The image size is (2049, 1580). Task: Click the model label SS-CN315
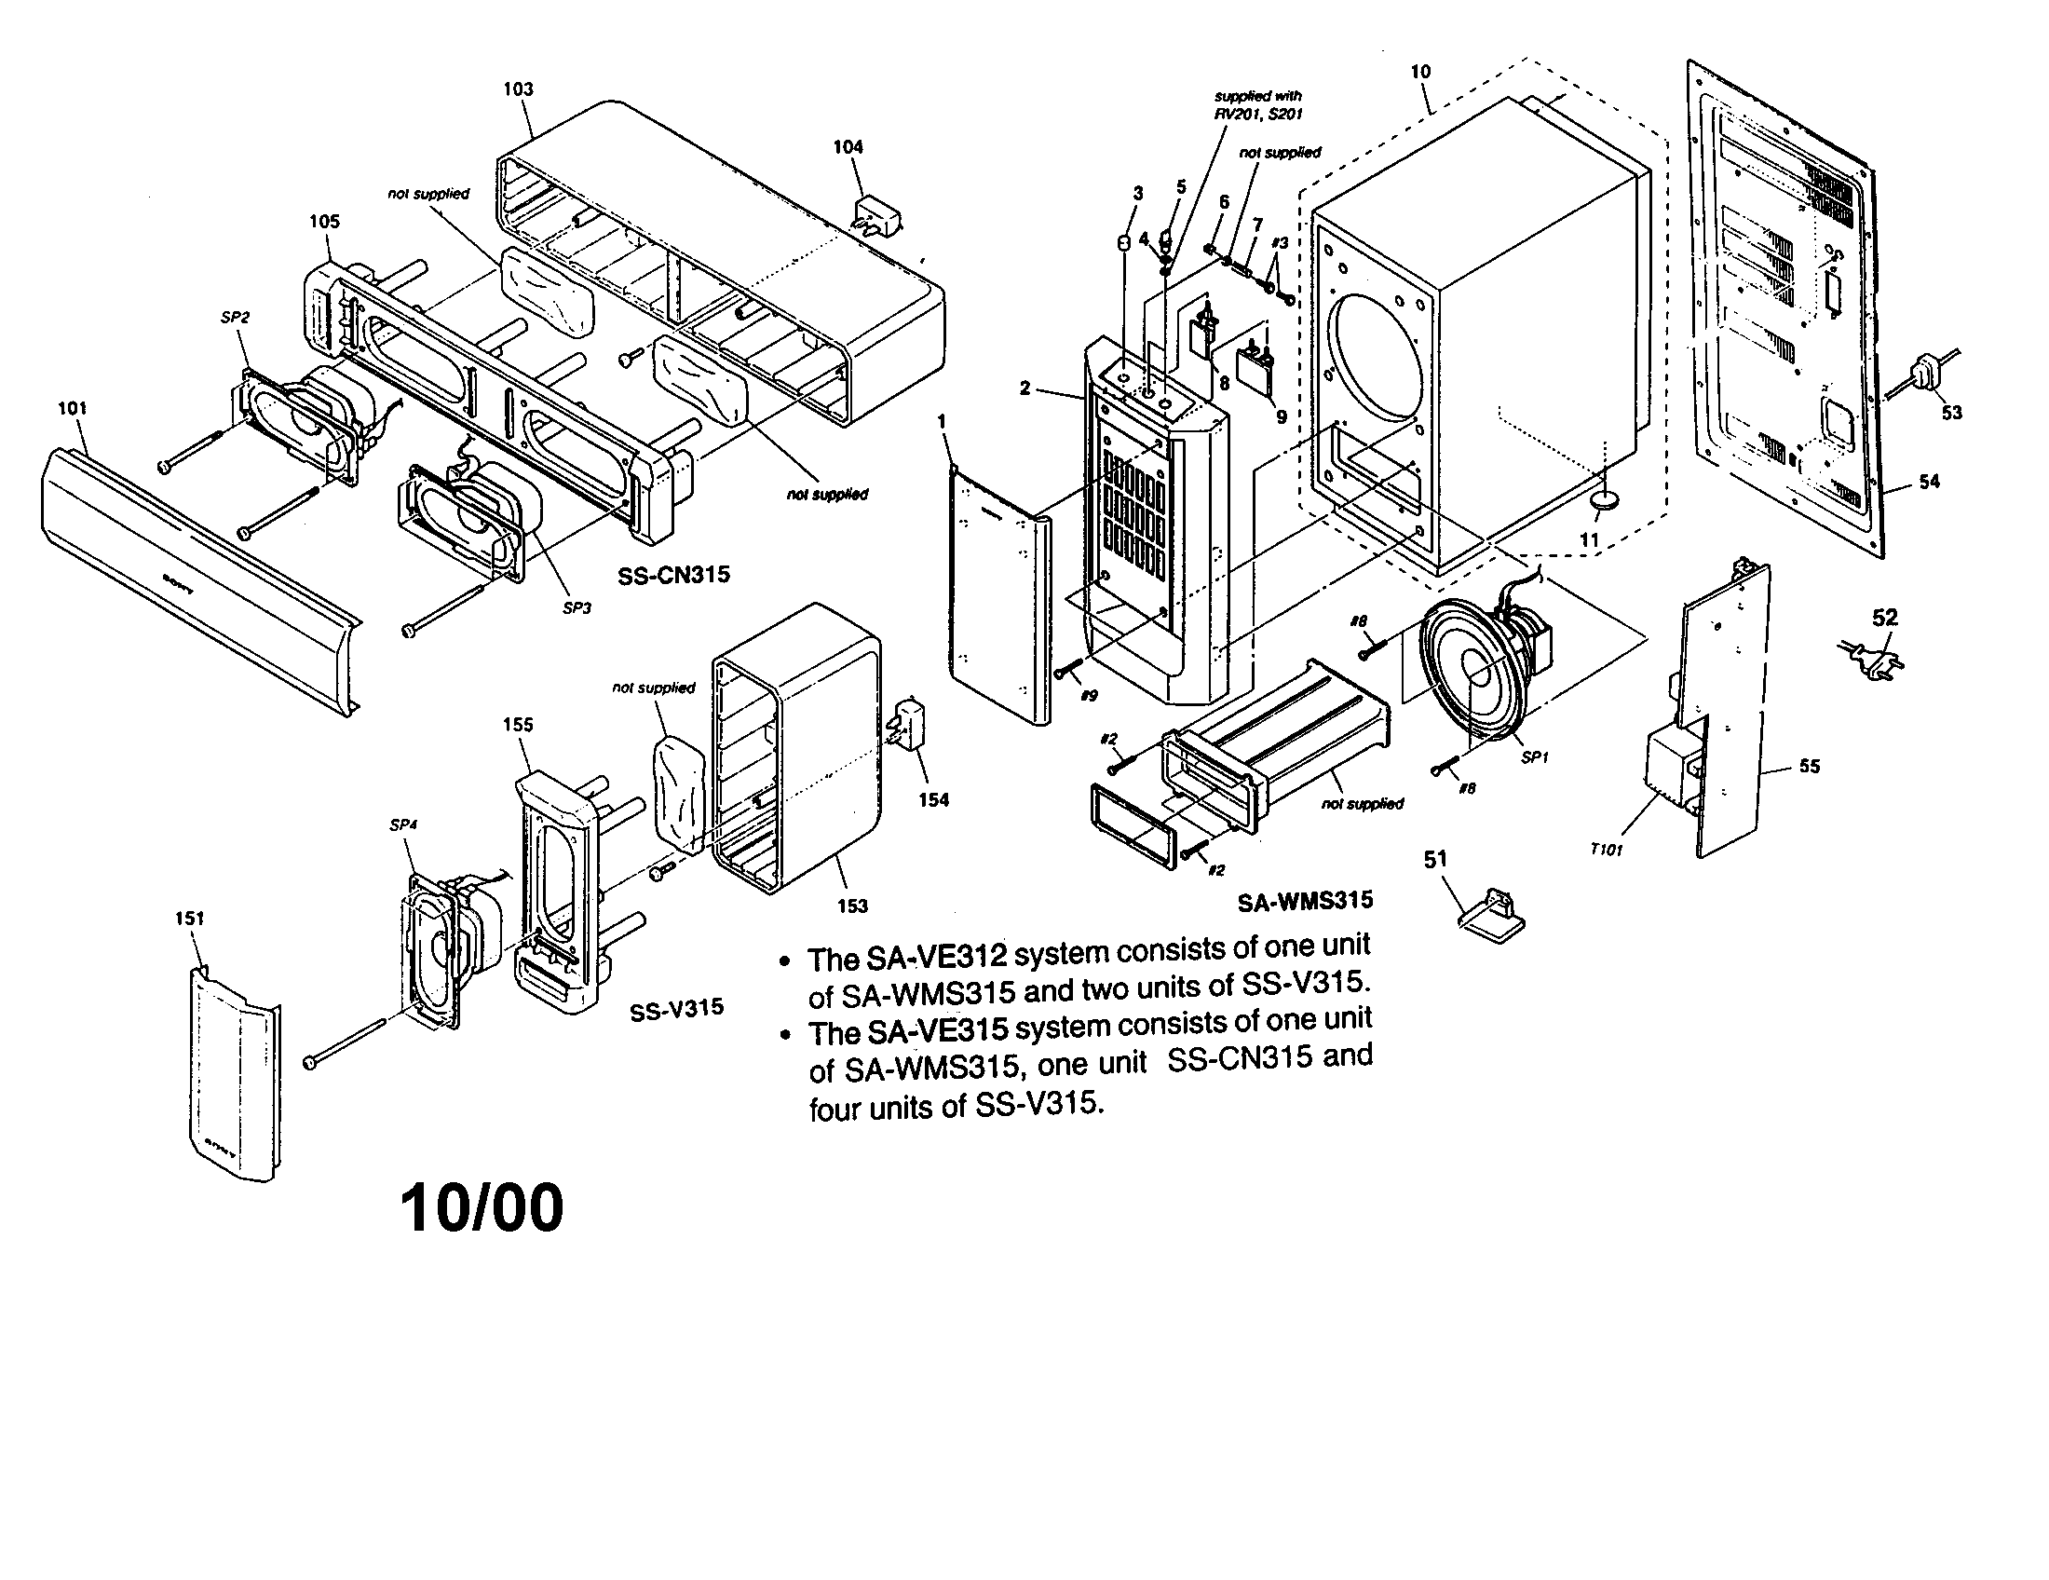click(672, 575)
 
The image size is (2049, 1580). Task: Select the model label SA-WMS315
click(1304, 901)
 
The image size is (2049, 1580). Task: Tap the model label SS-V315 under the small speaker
click(676, 1008)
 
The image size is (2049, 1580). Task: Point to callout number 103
click(518, 89)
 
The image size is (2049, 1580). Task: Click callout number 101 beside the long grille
click(73, 408)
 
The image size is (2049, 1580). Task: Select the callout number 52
click(1885, 618)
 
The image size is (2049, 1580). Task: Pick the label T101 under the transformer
click(1607, 850)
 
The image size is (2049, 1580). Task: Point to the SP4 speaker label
click(403, 824)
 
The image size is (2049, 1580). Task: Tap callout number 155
click(517, 725)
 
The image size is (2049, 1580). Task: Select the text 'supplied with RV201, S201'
click(1257, 104)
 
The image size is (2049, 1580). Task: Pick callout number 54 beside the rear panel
click(1929, 483)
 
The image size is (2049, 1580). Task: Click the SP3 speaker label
click(576, 608)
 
